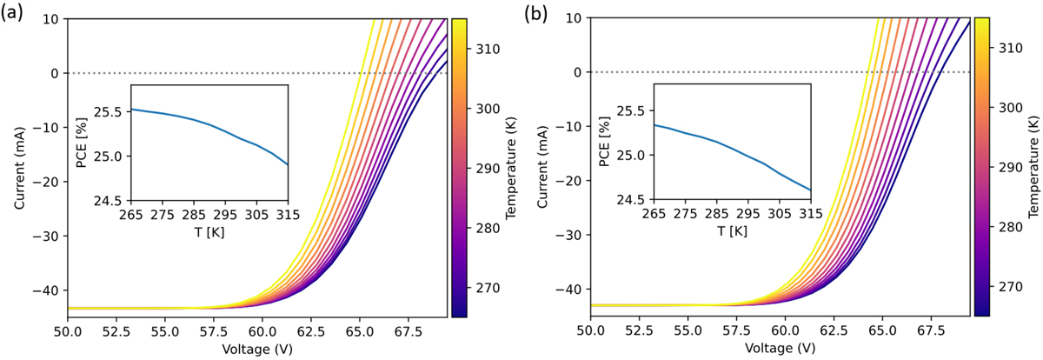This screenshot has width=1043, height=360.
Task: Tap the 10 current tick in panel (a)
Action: (x=51, y=19)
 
